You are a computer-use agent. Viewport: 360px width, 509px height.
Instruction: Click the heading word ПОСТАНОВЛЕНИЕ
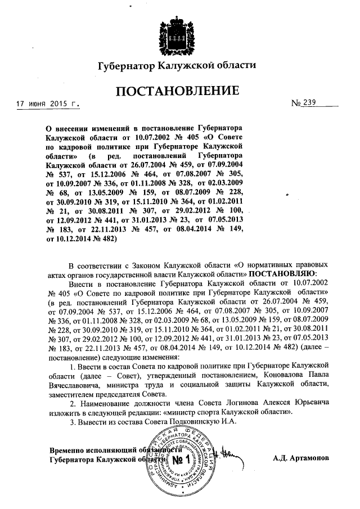click(x=177, y=91)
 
